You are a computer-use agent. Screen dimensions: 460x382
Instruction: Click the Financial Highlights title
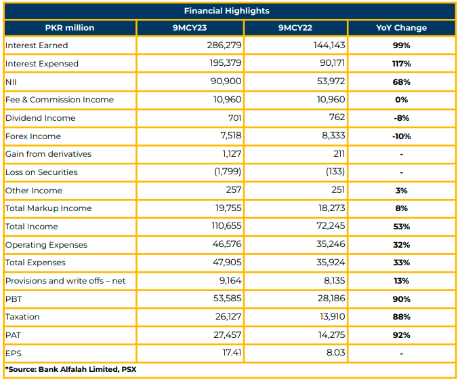click(226, 11)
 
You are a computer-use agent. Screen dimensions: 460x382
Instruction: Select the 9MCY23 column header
click(190, 28)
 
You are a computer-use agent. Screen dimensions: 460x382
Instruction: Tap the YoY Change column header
click(401, 28)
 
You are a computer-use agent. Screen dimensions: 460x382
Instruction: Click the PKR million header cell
click(70, 28)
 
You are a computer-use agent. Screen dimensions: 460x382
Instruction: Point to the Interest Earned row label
click(37, 45)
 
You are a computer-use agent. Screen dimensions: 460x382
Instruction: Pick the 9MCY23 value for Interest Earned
click(224, 45)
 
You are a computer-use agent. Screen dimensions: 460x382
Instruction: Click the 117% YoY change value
click(401, 64)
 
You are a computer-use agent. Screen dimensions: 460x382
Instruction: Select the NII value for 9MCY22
click(331, 81)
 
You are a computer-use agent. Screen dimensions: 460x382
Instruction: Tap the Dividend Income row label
click(41, 118)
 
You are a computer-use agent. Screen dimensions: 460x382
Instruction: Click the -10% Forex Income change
click(401, 136)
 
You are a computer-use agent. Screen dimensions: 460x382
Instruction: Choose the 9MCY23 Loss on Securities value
click(228, 172)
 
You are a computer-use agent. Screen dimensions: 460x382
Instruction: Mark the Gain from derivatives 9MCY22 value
click(339, 153)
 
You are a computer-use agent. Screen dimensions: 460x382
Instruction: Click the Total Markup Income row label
click(48, 208)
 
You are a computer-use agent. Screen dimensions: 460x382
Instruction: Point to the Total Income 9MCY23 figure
click(226, 226)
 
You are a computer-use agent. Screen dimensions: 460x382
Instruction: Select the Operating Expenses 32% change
click(401, 245)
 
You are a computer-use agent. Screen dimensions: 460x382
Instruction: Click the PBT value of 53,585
click(228, 299)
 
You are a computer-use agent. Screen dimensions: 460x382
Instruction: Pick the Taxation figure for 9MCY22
click(332, 316)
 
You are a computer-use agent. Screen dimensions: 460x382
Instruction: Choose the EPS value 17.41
click(232, 352)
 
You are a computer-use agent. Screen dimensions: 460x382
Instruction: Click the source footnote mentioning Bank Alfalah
click(70, 369)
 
